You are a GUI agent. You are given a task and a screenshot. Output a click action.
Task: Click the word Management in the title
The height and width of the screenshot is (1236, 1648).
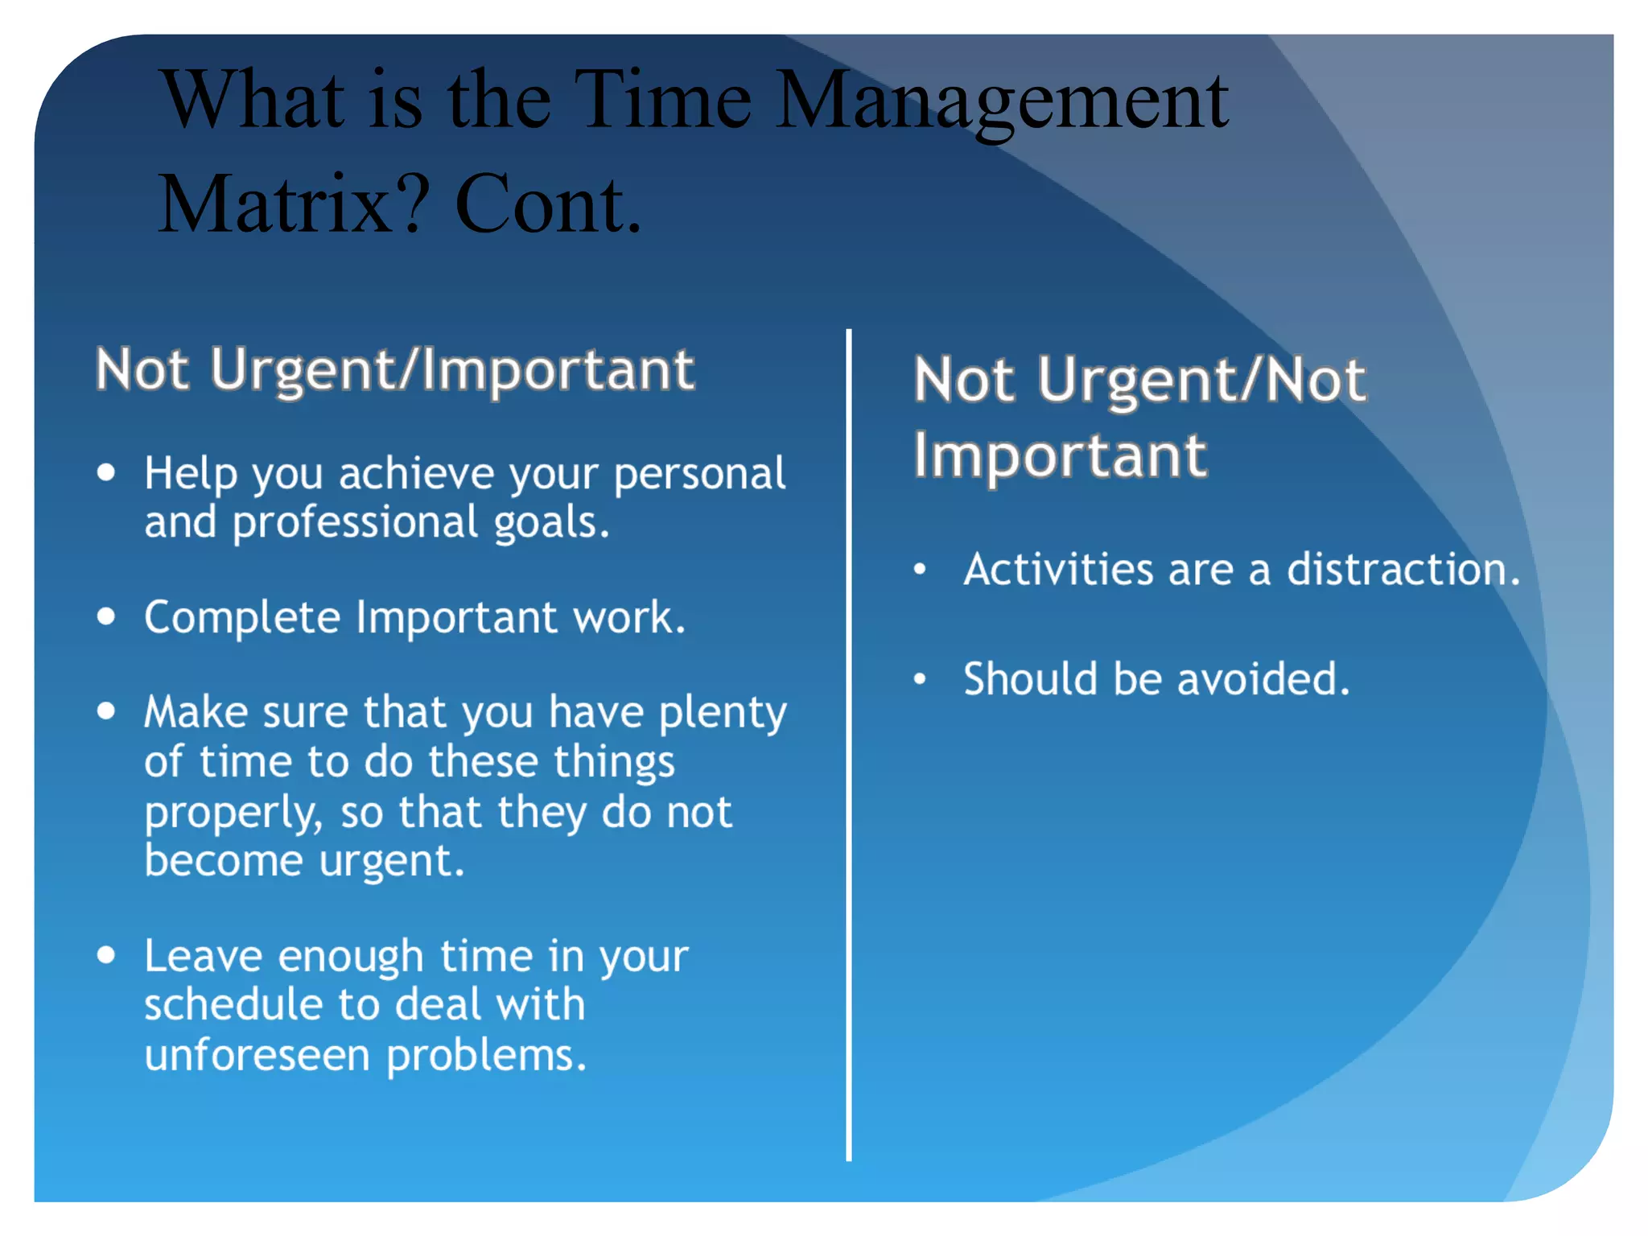(1001, 102)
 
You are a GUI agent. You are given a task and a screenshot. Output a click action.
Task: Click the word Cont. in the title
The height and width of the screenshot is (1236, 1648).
(549, 205)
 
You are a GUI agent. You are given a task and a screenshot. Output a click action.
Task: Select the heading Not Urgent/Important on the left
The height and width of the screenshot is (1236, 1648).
(394, 369)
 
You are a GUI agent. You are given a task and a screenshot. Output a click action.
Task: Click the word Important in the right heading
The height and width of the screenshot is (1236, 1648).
(1060, 455)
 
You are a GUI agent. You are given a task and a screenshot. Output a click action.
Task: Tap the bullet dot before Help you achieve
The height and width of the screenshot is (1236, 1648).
(106, 472)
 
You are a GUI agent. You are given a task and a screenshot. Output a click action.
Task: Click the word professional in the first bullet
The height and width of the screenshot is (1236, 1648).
(355, 523)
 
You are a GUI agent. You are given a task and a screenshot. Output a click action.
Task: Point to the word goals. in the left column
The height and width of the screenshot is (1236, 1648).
(551, 523)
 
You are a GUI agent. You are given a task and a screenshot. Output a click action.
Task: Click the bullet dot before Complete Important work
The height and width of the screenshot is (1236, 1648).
(106, 617)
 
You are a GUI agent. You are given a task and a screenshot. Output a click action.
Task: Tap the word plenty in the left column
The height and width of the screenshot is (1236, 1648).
(722, 714)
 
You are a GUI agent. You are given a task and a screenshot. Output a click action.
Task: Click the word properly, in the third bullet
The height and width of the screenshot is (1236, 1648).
(233, 813)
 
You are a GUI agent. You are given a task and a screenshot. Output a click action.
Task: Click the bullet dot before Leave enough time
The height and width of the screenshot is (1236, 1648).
(106, 955)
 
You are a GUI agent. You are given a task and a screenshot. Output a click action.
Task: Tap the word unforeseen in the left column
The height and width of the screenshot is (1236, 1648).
(257, 1055)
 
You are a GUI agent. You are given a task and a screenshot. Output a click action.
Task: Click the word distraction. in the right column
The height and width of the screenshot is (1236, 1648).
(1403, 570)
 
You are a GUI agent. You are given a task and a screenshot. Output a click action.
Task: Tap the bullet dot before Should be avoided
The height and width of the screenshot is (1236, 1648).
(921, 679)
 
